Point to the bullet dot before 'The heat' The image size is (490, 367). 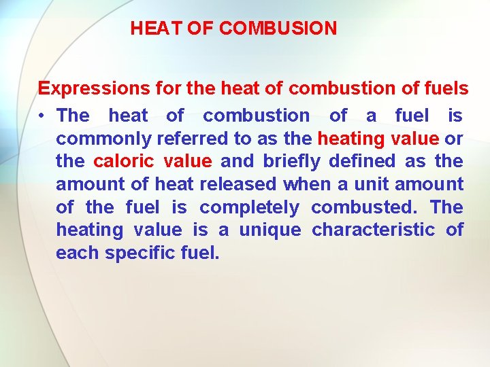click(x=43, y=116)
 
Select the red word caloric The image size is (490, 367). click(x=123, y=162)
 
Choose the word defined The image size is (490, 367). click(x=361, y=162)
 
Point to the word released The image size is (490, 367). click(x=237, y=184)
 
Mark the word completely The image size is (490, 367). click(x=249, y=207)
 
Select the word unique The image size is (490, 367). click(x=269, y=230)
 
